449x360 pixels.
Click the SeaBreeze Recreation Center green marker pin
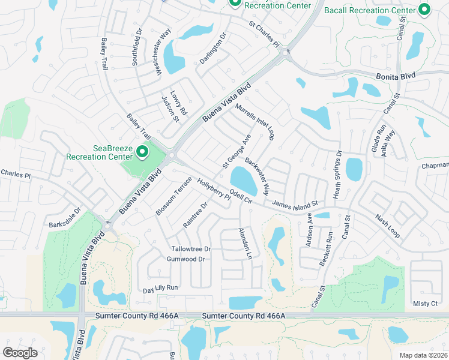[142, 152]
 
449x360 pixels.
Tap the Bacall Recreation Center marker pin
[425, 10]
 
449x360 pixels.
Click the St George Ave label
[237, 151]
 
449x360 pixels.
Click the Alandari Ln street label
[244, 244]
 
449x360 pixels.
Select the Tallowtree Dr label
[191, 249]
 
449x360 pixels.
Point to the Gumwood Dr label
[185, 259]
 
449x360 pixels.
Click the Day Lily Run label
[161, 289]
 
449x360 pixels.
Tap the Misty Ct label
[426, 304]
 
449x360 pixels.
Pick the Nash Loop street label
[387, 226]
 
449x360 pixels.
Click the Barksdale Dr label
[65, 218]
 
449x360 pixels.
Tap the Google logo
[20, 353]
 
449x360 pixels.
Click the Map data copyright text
[424, 355]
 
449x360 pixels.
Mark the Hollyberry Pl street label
[214, 190]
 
